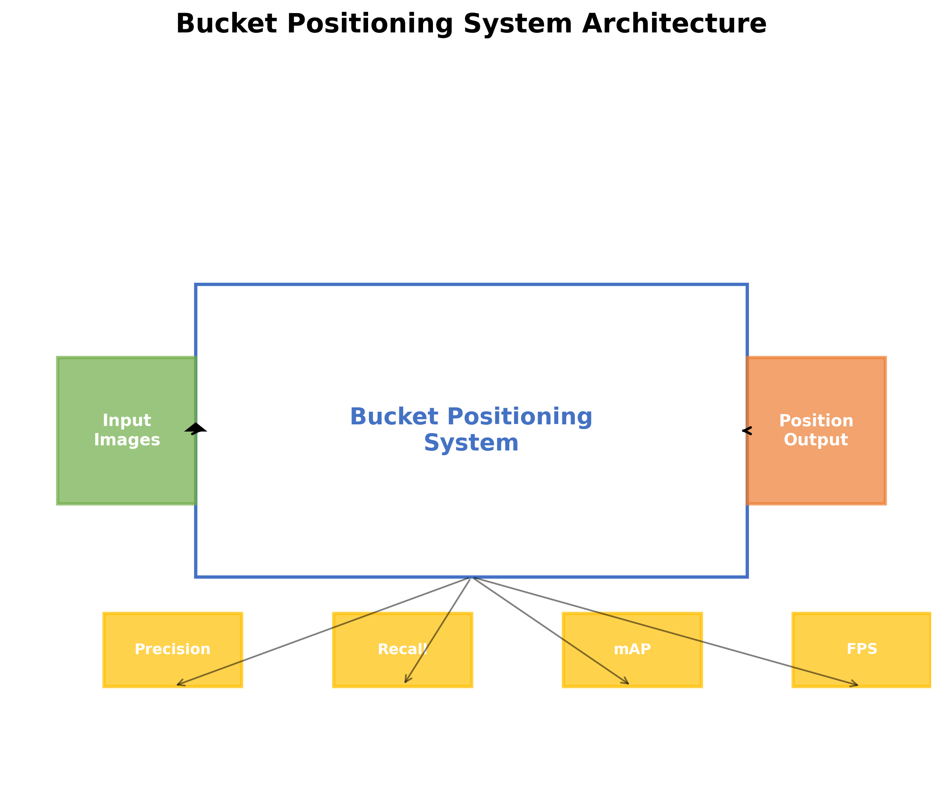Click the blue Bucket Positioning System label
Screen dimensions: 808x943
coord(471,430)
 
